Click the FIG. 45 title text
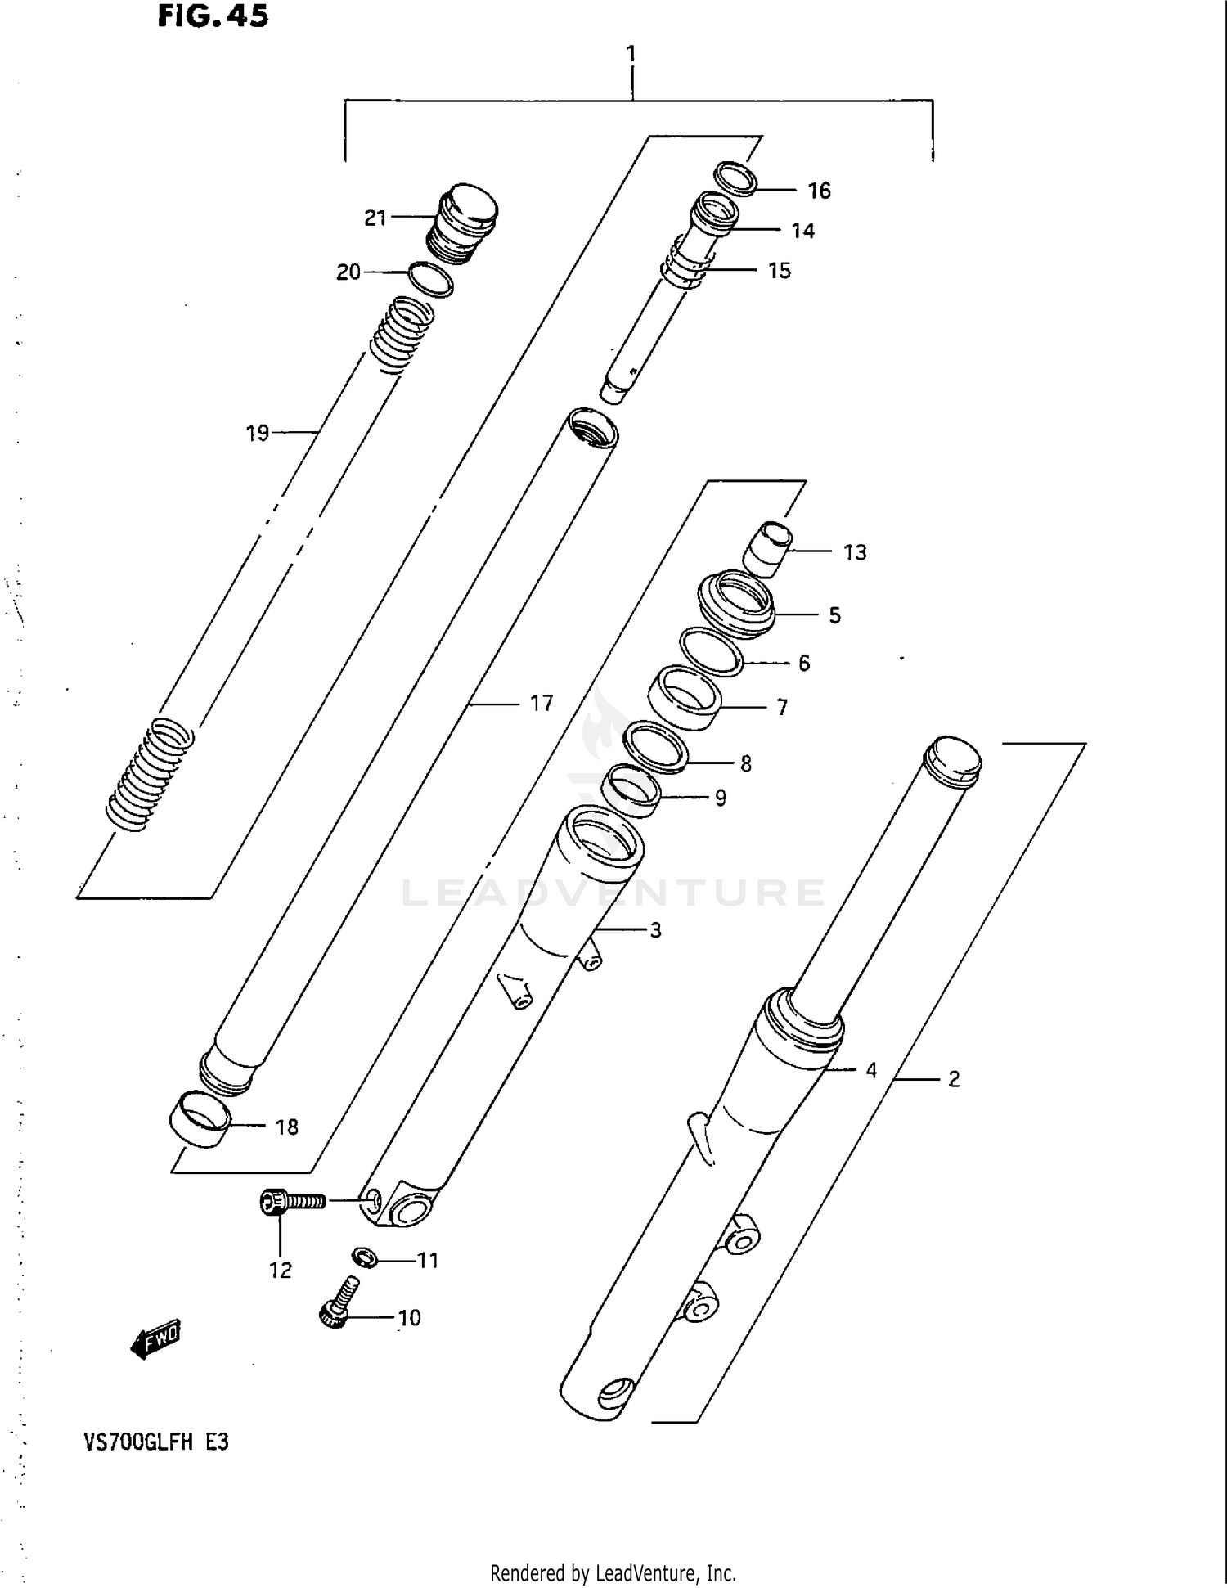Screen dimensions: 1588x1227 click(x=213, y=16)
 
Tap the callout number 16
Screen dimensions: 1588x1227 click(x=819, y=191)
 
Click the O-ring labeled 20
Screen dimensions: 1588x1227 click(x=430, y=280)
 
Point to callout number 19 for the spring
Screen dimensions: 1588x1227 click(x=258, y=433)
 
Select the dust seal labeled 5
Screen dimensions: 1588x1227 click(x=735, y=605)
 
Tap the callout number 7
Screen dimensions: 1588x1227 click(x=782, y=707)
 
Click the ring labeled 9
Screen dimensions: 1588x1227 click(x=631, y=790)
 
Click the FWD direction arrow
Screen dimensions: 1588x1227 click(x=155, y=1340)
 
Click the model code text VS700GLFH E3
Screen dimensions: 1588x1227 click(x=155, y=1442)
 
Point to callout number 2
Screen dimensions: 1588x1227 click(x=954, y=1079)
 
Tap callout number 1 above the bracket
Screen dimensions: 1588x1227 click(x=631, y=54)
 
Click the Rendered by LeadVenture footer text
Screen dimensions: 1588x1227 click(x=613, y=1572)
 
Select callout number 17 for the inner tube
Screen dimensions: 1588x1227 click(x=541, y=703)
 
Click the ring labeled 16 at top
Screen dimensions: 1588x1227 click(x=735, y=178)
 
